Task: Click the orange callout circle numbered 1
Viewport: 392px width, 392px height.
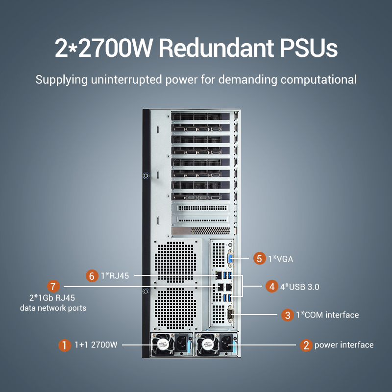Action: pyautogui.click(x=65, y=345)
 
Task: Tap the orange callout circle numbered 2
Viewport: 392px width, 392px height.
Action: pyautogui.click(x=306, y=345)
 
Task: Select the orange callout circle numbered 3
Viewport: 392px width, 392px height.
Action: pyautogui.click(x=288, y=315)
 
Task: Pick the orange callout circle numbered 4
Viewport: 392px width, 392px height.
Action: pyautogui.click(x=272, y=287)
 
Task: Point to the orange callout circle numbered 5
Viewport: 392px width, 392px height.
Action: pyautogui.click(x=260, y=259)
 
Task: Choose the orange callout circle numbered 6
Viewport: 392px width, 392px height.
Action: pyautogui.click(x=92, y=276)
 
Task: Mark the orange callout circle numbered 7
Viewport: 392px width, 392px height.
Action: pyautogui.click(x=53, y=286)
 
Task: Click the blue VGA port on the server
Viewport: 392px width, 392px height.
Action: pyautogui.click(x=230, y=259)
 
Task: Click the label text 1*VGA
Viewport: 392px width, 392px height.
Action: pyautogui.click(x=280, y=259)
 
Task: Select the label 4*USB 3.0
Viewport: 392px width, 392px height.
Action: pyautogui.click(x=299, y=287)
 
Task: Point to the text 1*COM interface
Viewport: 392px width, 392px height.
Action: pyautogui.click(x=327, y=315)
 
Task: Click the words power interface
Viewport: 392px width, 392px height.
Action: pyautogui.click(x=344, y=345)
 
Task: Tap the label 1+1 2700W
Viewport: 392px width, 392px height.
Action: pyautogui.click(x=96, y=345)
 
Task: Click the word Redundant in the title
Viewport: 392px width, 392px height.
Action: pyautogui.click(x=216, y=48)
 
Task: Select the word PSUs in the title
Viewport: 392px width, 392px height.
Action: pyautogui.click(x=309, y=48)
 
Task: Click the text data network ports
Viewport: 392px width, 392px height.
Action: pyautogui.click(x=53, y=308)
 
